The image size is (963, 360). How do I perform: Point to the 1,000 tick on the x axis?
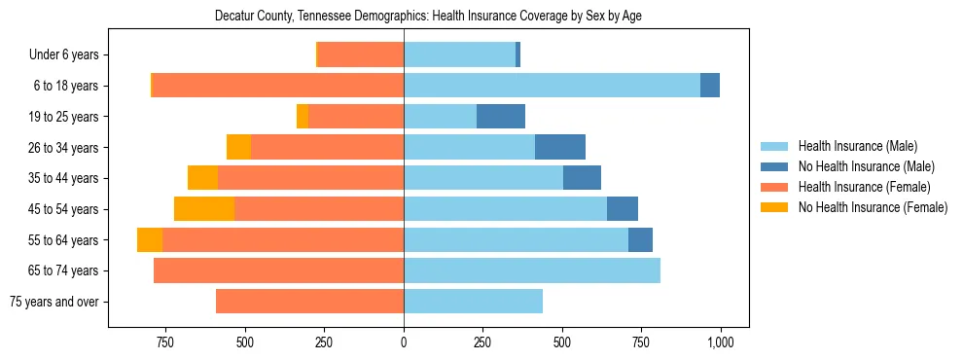click(721, 342)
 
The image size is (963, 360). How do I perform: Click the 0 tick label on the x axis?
click(404, 342)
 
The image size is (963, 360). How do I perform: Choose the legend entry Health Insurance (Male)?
click(858, 146)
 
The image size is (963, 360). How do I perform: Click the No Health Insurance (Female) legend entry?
click(873, 207)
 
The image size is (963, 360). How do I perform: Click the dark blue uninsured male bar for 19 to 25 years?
click(501, 117)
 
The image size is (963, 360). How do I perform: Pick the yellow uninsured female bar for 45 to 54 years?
click(204, 209)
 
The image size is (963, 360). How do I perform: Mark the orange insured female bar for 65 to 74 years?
click(278, 270)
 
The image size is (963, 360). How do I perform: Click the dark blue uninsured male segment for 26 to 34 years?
click(560, 148)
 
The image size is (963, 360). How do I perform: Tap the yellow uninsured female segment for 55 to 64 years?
click(150, 240)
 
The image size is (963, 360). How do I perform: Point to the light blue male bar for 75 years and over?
click(473, 302)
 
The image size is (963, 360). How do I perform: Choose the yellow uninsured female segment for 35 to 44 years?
click(202, 178)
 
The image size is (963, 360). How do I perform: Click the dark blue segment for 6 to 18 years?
click(710, 86)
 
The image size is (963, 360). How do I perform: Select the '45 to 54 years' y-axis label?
click(63, 209)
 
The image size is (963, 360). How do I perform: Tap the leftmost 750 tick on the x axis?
click(164, 342)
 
